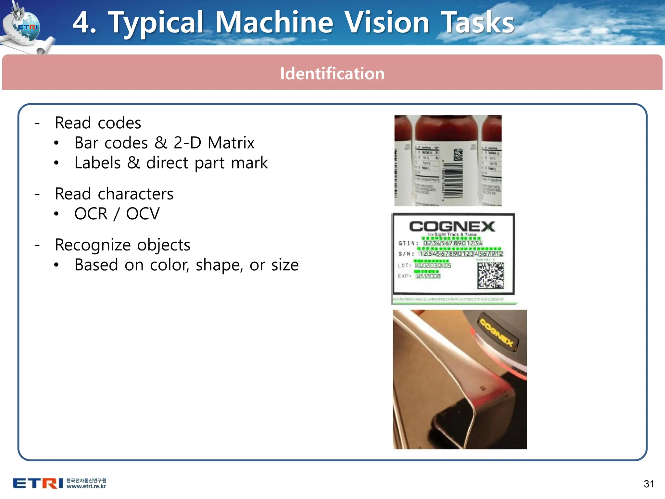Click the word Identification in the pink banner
tap(332, 73)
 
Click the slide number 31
tap(649, 484)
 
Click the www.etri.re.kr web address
tap(86, 486)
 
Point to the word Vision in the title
tap(387, 22)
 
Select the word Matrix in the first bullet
tap(231, 143)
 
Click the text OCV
tap(143, 214)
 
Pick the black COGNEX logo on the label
tap(452, 226)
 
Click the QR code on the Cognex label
tap(491, 275)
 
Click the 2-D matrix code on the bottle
tap(458, 155)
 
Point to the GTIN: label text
tap(408, 243)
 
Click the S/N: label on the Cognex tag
tap(406, 254)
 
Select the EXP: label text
tap(405, 276)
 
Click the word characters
tap(135, 194)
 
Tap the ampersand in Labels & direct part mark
tap(133, 163)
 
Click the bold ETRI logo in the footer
tap(38, 483)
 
